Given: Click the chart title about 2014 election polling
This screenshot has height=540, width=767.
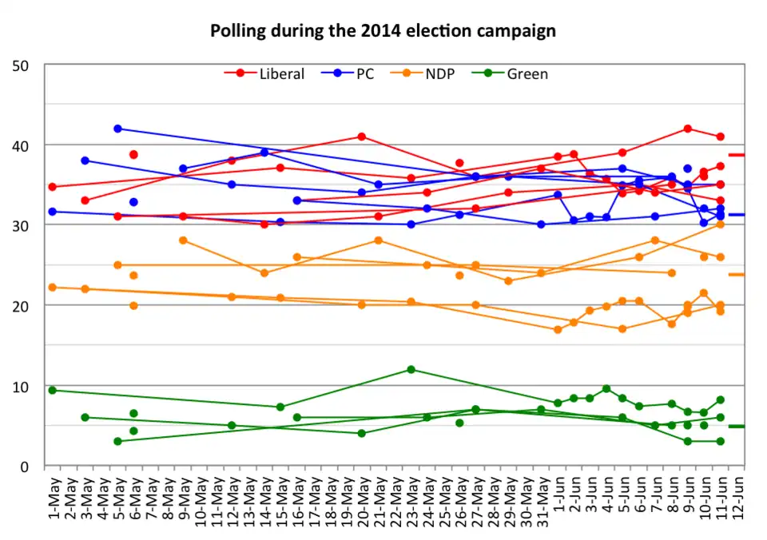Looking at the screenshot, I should click(383, 31).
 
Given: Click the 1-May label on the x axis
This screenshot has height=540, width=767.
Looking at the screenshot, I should click(53, 496).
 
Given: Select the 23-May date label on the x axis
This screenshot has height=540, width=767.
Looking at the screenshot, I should click(411, 496).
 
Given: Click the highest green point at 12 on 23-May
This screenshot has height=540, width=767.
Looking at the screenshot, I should click(411, 369).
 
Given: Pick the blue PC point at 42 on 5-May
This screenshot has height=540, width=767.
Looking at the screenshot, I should click(117, 129).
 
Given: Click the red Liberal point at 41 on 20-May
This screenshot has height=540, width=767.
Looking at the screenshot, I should click(362, 137).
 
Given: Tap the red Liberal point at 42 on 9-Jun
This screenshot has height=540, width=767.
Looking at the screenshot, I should click(687, 129).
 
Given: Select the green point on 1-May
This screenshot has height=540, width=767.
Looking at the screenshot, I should click(53, 390).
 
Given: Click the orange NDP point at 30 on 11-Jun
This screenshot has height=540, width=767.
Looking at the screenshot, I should click(720, 224).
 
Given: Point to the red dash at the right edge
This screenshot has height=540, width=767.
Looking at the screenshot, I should click(737, 155).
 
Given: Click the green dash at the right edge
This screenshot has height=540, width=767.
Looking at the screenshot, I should click(737, 427).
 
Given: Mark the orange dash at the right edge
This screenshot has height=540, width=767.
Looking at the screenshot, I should click(737, 275).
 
